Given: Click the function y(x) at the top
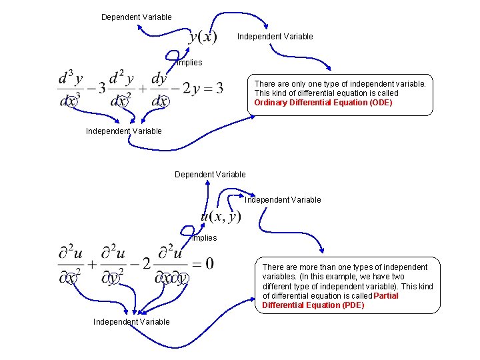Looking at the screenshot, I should click(203, 37).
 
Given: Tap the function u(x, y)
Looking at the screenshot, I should click(221, 216).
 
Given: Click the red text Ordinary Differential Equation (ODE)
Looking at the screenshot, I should click(323, 103).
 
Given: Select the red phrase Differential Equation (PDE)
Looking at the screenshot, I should click(313, 305).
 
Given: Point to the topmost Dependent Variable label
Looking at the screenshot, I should click(136, 17).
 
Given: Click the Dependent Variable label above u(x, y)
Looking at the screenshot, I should click(210, 174).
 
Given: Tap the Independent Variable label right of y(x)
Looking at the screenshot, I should click(275, 37).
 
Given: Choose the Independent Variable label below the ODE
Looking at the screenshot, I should click(123, 131).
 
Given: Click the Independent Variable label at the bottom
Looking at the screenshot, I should click(131, 322).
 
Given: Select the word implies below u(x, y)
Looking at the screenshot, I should click(205, 238).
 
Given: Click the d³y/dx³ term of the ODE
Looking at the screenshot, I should click(71, 89).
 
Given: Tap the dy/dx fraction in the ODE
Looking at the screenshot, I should click(159, 89).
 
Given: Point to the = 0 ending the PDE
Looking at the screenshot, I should click(205, 264).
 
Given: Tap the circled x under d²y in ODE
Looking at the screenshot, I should click(121, 101).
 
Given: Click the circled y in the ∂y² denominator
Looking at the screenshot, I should click(115, 277).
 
